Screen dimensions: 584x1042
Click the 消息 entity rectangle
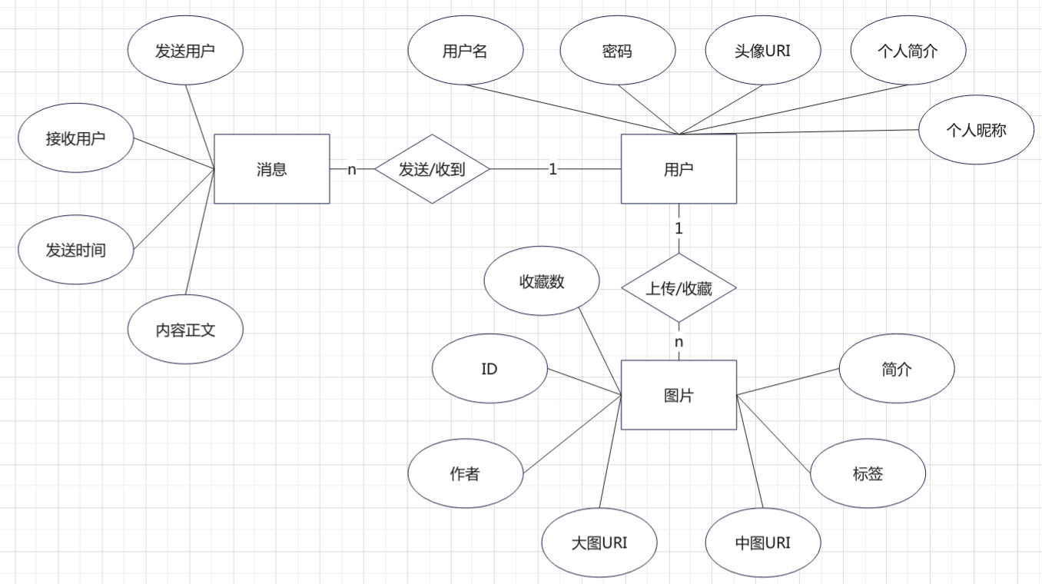(271, 169)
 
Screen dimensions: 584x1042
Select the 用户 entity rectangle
(679, 169)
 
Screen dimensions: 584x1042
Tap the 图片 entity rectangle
(679, 395)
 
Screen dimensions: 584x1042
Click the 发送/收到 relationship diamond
(432, 169)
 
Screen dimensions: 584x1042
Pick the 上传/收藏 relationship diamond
(679, 288)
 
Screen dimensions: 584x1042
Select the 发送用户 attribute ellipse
(185, 51)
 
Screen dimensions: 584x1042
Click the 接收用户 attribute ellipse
(76, 138)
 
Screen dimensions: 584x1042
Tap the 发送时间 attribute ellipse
(76, 250)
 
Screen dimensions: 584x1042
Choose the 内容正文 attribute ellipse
(185, 330)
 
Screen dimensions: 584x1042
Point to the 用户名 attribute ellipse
(465, 51)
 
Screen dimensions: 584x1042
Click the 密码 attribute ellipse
(617, 51)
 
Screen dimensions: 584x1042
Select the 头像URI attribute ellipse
(762, 51)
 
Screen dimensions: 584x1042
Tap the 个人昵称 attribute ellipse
(976, 130)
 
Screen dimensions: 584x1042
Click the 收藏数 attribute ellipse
(542, 281)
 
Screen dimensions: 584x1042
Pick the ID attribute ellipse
(489, 369)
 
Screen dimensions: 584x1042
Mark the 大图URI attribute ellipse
(599, 543)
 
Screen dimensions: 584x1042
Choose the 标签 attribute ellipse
(868, 473)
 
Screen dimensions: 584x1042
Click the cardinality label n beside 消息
(352, 169)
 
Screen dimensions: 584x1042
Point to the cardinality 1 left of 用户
(553, 169)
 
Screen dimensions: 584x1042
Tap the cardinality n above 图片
(679, 341)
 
